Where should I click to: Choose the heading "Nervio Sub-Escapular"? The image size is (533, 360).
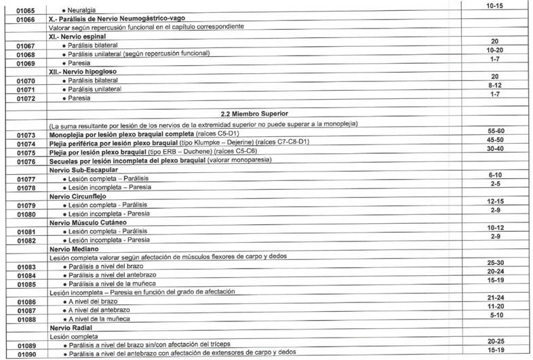pyautogui.click(x=83, y=169)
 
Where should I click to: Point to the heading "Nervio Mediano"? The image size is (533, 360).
pyautogui.click(x=73, y=249)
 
